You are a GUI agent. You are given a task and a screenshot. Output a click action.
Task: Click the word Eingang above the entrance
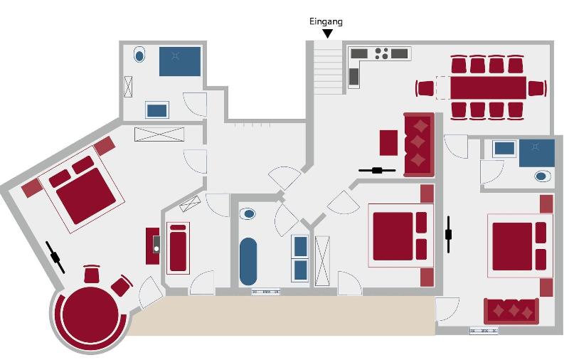[x=326, y=22]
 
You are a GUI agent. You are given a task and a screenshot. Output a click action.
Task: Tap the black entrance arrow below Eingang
[x=328, y=33]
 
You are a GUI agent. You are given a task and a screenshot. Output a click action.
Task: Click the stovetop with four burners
[x=381, y=53]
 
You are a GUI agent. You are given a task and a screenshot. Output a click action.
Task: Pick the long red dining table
[x=488, y=88]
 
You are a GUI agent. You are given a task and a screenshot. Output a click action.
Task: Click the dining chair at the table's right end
[x=538, y=88]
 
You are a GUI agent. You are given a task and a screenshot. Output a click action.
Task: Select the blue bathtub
[x=248, y=261]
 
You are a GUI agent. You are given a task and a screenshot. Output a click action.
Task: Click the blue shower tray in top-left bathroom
[x=180, y=61]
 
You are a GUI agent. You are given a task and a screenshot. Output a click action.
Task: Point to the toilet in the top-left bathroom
[x=139, y=55]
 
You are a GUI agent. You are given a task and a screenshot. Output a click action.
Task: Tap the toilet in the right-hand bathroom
[x=541, y=176]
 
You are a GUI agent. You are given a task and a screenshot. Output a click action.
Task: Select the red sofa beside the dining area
[x=419, y=144]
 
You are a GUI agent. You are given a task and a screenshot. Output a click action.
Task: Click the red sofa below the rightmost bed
[x=511, y=311]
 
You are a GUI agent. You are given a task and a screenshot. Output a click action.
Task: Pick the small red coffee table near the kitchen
[x=388, y=142]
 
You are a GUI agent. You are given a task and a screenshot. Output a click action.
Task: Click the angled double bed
[x=82, y=189]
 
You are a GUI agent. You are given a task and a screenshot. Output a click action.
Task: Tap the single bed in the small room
[x=178, y=248]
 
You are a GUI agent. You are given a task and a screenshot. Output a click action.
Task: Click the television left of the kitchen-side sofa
[x=377, y=170]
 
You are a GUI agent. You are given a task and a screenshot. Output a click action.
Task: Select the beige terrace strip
[x=282, y=315]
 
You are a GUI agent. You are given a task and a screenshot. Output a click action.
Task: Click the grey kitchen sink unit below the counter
[x=353, y=77]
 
